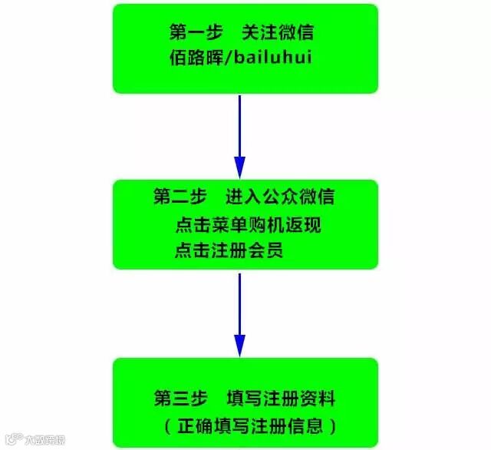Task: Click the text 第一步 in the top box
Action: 196,33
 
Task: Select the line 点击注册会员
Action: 229,250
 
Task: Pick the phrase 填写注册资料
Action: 281,399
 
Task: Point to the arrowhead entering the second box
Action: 239,167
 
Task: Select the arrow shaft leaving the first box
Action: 239,123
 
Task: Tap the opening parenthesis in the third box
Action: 168,425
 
